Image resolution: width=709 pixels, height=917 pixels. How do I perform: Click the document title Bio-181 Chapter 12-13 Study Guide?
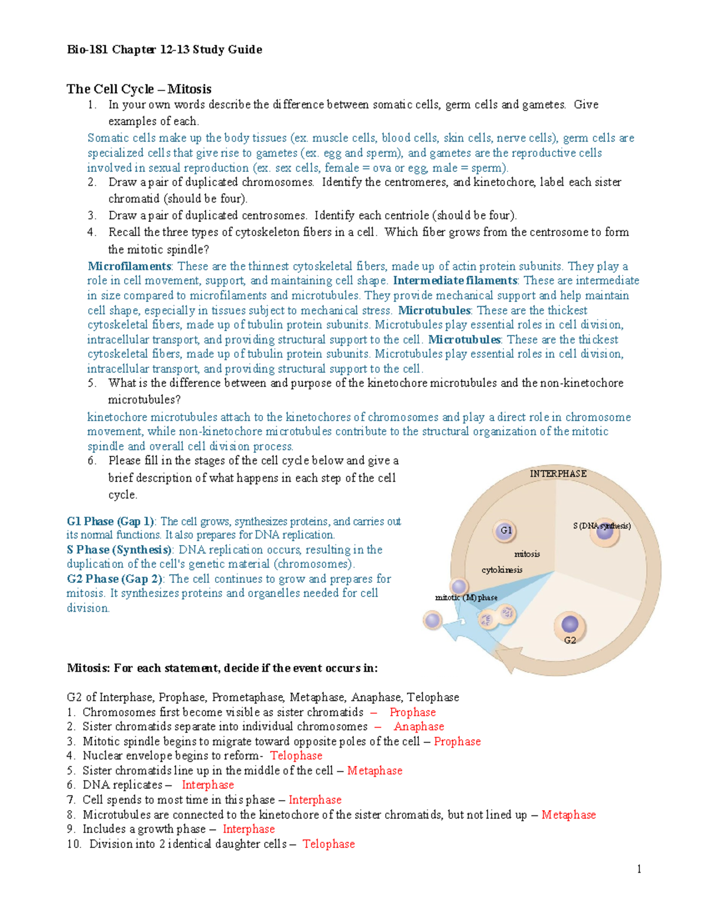pos(164,50)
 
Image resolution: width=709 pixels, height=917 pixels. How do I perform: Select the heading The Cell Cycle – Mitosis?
pos(139,89)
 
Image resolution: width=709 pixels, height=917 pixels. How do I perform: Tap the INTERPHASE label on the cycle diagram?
pos(558,474)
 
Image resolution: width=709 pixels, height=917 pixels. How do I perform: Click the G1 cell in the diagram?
pos(505,530)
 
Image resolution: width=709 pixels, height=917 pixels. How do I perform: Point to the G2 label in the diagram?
pos(570,640)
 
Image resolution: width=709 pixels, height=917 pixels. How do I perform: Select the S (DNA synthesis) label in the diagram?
pos(601,526)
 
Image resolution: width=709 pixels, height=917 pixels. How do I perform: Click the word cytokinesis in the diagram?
pos(502,570)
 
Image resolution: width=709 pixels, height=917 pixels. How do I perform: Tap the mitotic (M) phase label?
pos(466,598)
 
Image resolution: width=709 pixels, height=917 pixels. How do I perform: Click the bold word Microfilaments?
pos(129,266)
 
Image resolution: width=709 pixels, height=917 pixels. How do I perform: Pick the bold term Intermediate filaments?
pos(455,281)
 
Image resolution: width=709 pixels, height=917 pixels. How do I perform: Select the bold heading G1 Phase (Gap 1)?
pos(110,521)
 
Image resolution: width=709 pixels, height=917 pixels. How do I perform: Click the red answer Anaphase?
pos(419,727)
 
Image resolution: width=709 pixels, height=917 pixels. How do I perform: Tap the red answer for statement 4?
pos(296,756)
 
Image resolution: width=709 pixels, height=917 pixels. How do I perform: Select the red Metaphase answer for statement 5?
pos(375,771)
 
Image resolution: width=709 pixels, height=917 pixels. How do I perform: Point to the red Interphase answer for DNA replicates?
pos(207,785)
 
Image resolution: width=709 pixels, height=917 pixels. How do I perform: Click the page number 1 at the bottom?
pos(639,869)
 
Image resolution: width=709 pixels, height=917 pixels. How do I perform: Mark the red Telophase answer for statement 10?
pos(329,844)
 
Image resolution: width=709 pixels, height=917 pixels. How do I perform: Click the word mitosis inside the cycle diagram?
pos(527,554)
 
